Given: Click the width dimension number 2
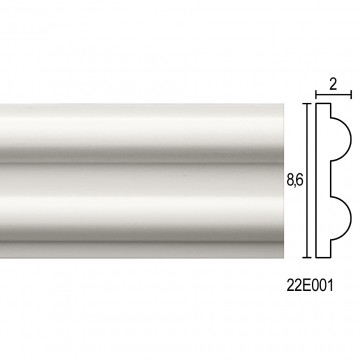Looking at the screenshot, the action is coord(333,85).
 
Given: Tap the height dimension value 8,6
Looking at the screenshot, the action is coord(295,180).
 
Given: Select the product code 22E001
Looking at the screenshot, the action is coord(310,286).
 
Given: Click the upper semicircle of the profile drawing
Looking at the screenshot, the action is coord(351,139).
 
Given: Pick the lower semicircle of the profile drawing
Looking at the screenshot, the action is coord(351,219).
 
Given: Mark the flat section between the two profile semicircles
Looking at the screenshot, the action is coord(331,179).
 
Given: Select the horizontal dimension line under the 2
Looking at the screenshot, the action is coord(333,95).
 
